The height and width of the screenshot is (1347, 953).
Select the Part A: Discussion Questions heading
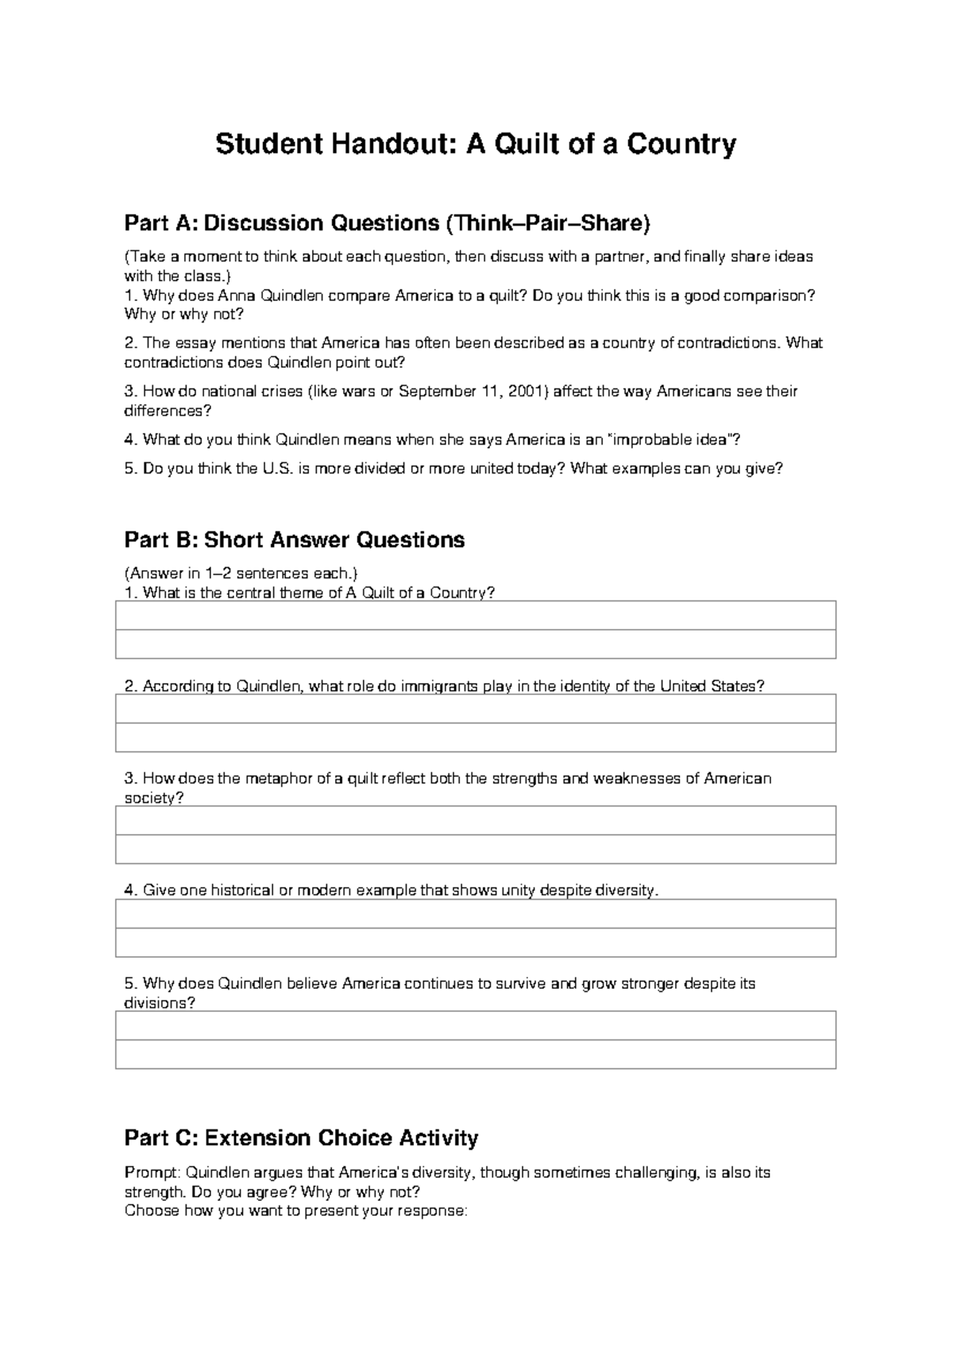coord(387,224)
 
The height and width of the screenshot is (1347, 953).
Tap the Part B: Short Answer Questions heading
coord(294,540)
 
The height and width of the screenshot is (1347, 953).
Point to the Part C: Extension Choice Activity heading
coord(301,1138)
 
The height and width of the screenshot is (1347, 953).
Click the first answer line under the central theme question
coord(475,616)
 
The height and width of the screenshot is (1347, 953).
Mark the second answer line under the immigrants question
coord(475,738)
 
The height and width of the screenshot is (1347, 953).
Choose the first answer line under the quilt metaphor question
coord(475,820)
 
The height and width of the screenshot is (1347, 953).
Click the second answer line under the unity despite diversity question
coord(475,943)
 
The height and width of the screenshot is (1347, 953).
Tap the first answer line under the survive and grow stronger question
coord(475,1025)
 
